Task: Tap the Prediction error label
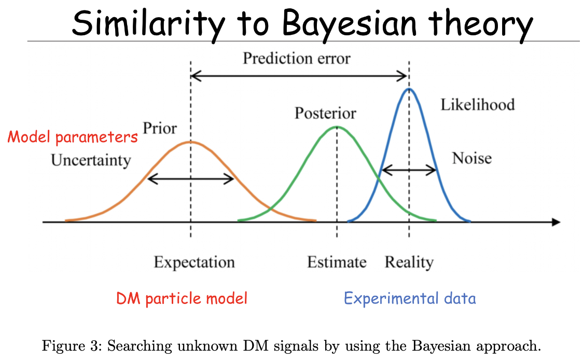pos(297,59)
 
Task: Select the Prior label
pos(160,128)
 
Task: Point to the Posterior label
pos(325,113)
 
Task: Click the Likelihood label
pos(478,104)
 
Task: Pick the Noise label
pos(472,158)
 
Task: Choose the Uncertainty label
pos(91,160)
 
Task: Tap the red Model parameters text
pos(73,137)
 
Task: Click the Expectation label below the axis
pos(195,262)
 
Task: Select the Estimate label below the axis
pos(337,262)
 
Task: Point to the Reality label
pos(409,262)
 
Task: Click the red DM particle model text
pos(182,298)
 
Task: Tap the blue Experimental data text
pos(410,298)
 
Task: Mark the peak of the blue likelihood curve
pos(409,89)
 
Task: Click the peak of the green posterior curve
pos(337,127)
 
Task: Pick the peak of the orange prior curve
pos(191,142)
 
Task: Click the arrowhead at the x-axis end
pos(556,222)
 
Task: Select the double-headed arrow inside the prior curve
pos(191,179)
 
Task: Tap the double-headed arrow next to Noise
pos(409,170)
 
